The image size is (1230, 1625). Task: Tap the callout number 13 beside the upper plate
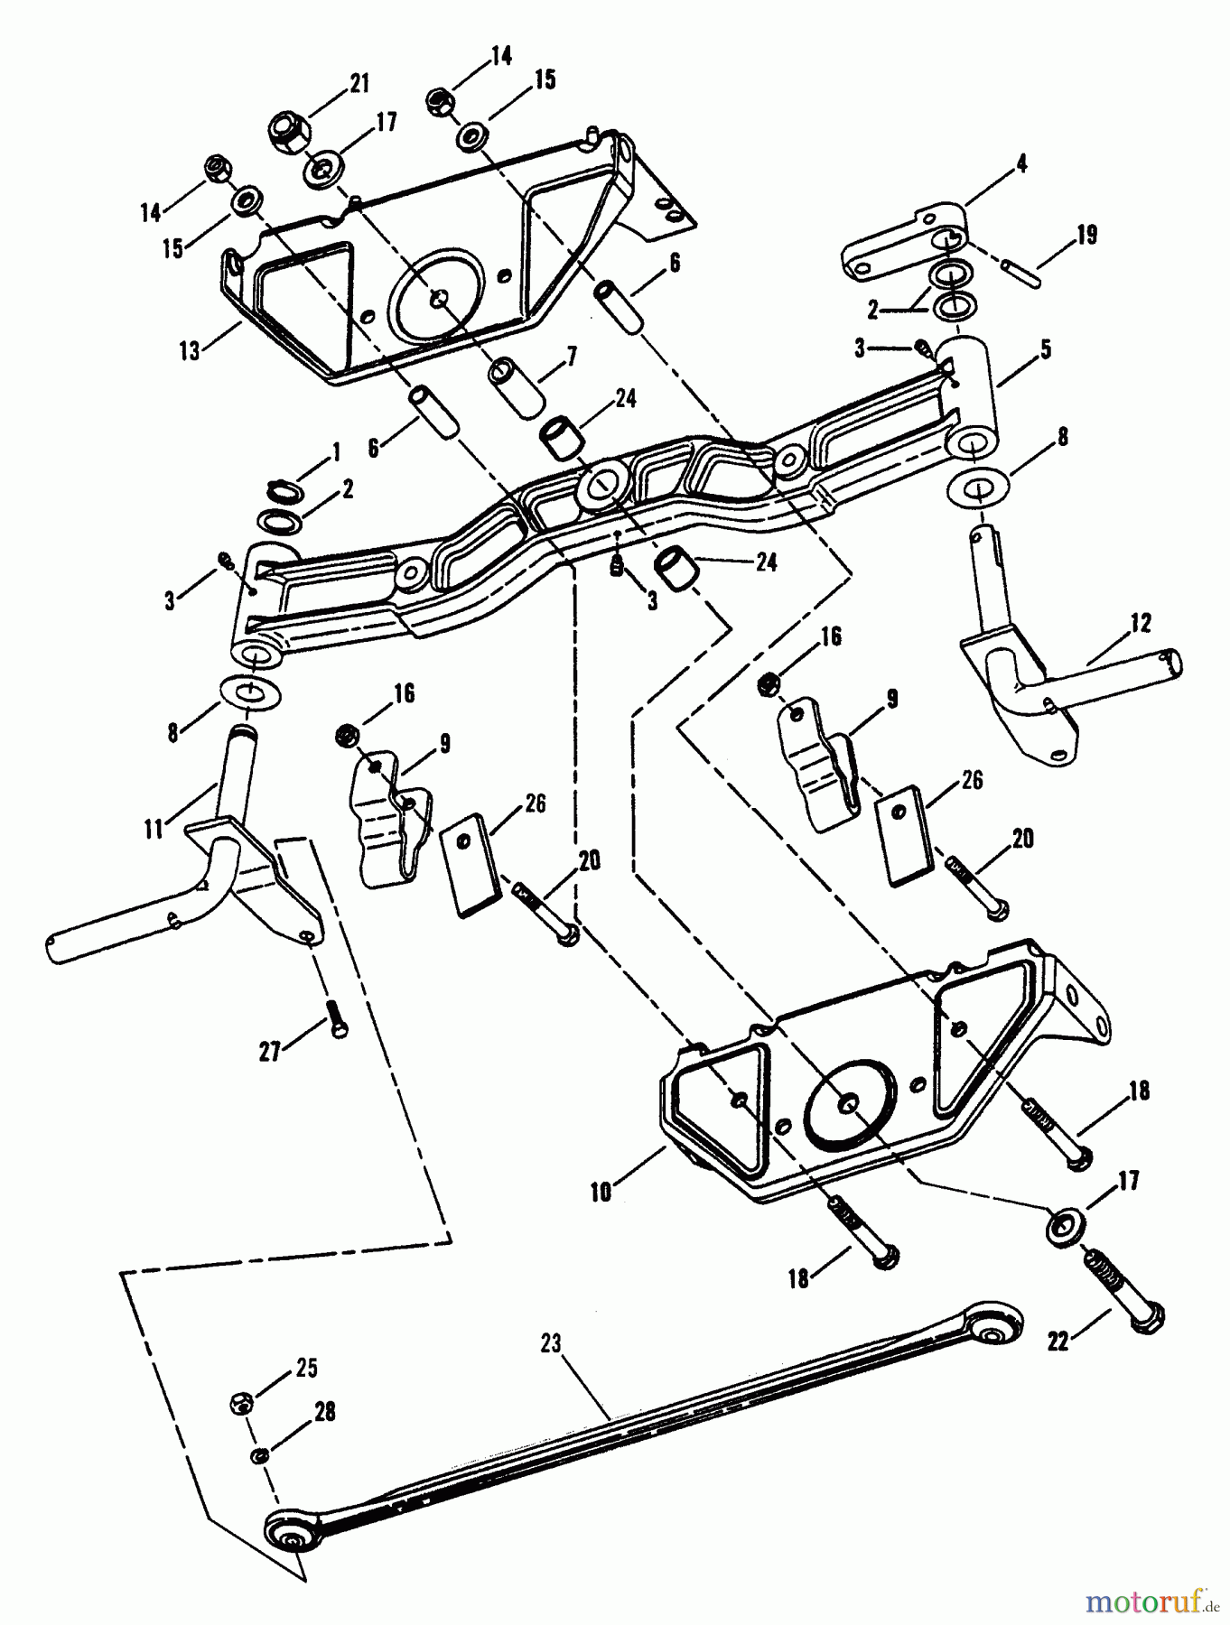click(190, 349)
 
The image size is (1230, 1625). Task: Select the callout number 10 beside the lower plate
click(601, 1192)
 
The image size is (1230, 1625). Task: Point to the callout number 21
click(359, 84)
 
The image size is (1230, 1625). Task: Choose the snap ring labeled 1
click(286, 489)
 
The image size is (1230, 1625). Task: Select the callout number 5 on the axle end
click(1046, 348)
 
